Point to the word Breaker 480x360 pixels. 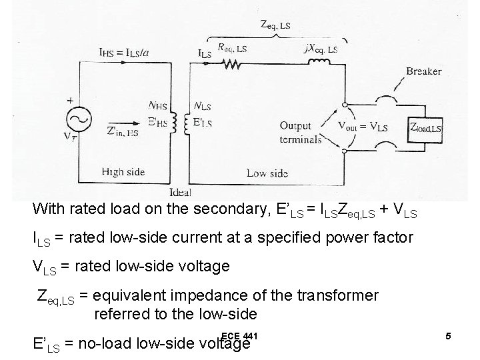tap(423, 71)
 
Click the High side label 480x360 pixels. tap(123, 172)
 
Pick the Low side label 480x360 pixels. tap(267, 173)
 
